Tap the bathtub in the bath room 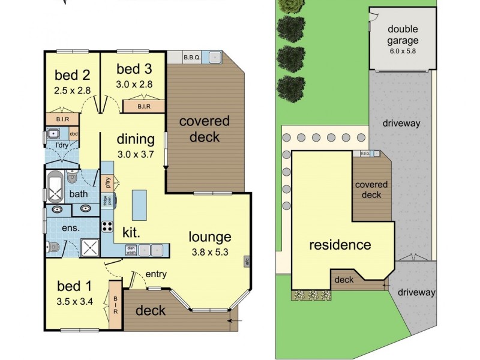point(56,185)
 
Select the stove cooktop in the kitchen point(107,226)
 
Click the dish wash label point(130,251)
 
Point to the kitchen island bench point(139,204)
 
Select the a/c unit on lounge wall point(247,261)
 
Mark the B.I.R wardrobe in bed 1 point(115,305)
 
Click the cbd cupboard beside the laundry point(74,134)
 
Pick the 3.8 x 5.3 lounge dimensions point(210,251)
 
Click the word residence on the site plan point(340,245)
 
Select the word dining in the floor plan point(136,140)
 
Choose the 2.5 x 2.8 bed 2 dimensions point(72,91)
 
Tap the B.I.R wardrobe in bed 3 point(143,107)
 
